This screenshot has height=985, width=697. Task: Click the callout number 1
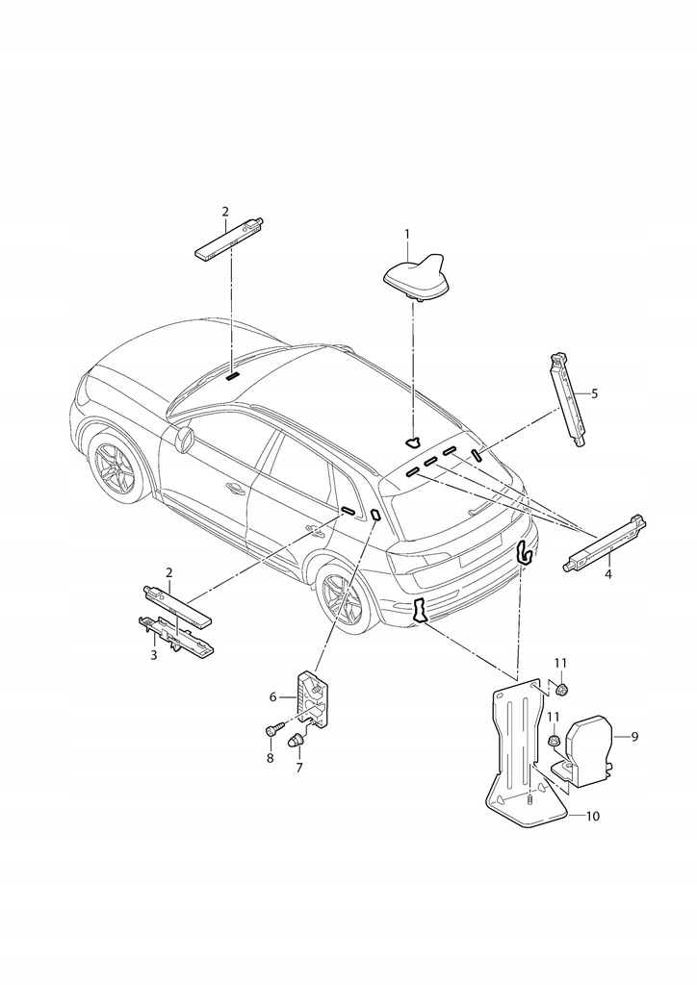407,234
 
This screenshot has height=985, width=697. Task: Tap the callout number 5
594,393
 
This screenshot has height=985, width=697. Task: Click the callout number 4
607,574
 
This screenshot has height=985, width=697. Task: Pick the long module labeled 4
603,544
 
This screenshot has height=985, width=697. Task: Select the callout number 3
152,655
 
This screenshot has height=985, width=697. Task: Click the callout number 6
272,695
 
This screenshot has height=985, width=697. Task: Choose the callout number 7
299,768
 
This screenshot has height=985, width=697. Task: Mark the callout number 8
270,759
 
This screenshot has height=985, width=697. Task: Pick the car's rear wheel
341,599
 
